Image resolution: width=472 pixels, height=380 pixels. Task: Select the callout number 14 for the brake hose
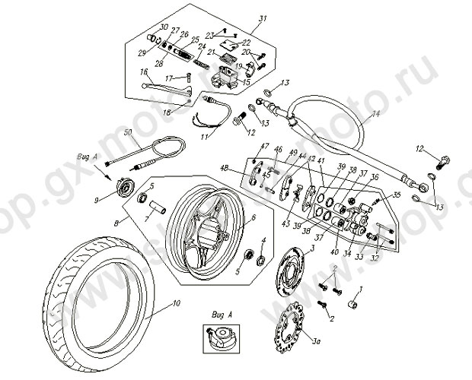pos(375,118)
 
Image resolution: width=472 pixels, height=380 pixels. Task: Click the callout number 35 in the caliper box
pos(397,195)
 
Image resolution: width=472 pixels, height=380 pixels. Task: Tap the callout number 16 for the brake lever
pos(142,71)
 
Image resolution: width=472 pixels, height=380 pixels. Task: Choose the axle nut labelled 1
pos(352,306)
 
